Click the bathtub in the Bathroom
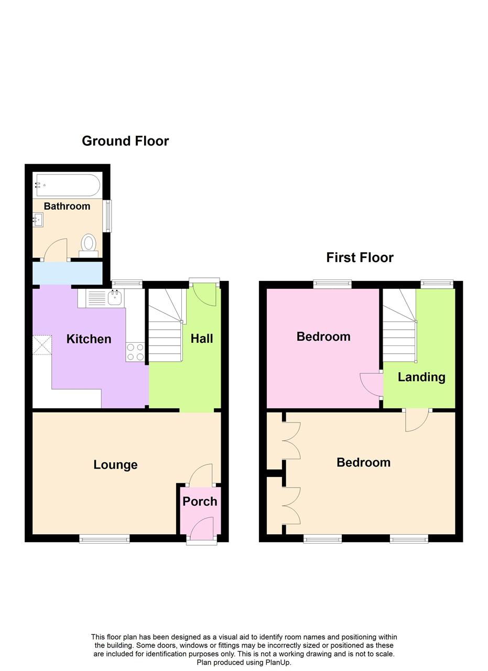coord(68,185)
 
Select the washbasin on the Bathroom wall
coord(38,220)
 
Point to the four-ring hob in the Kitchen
coord(135,352)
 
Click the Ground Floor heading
coord(125,141)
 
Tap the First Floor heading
coord(360,257)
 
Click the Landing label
coord(421,377)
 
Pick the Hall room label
coord(202,339)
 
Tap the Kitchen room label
coord(89,339)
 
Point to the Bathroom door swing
coord(55,250)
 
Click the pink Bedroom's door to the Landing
coord(372,385)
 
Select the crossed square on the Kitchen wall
coord(42,345)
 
